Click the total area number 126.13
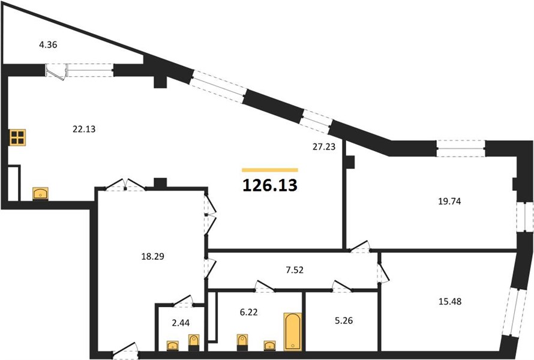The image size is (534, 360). click(270, 185)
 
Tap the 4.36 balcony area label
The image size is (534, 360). click(48, 44)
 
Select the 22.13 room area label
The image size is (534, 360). click(84, 129)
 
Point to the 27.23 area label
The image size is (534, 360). click(324, 147)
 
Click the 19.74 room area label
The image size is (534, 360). click(449, 201)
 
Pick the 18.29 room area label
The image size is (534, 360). click(152, 256)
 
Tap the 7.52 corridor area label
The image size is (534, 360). click(295, 270)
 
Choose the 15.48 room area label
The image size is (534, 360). click(450, 301)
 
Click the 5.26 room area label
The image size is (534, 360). click(344, 320)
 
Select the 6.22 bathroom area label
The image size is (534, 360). click(248, 312)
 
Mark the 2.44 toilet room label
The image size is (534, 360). click(181, 323)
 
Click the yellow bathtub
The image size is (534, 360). click(293, 332)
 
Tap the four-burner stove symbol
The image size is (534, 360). click(18, 137)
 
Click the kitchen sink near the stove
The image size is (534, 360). click(40, 194)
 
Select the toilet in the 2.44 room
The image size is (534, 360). click(193, 343)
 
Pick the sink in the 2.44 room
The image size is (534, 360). click(173, 346)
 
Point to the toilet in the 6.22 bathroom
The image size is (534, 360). click(242, 342)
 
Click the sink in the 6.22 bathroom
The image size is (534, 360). click(270, 346)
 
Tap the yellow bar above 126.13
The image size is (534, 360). click(270, 170)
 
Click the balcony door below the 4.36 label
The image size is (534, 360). click(56, 72)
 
